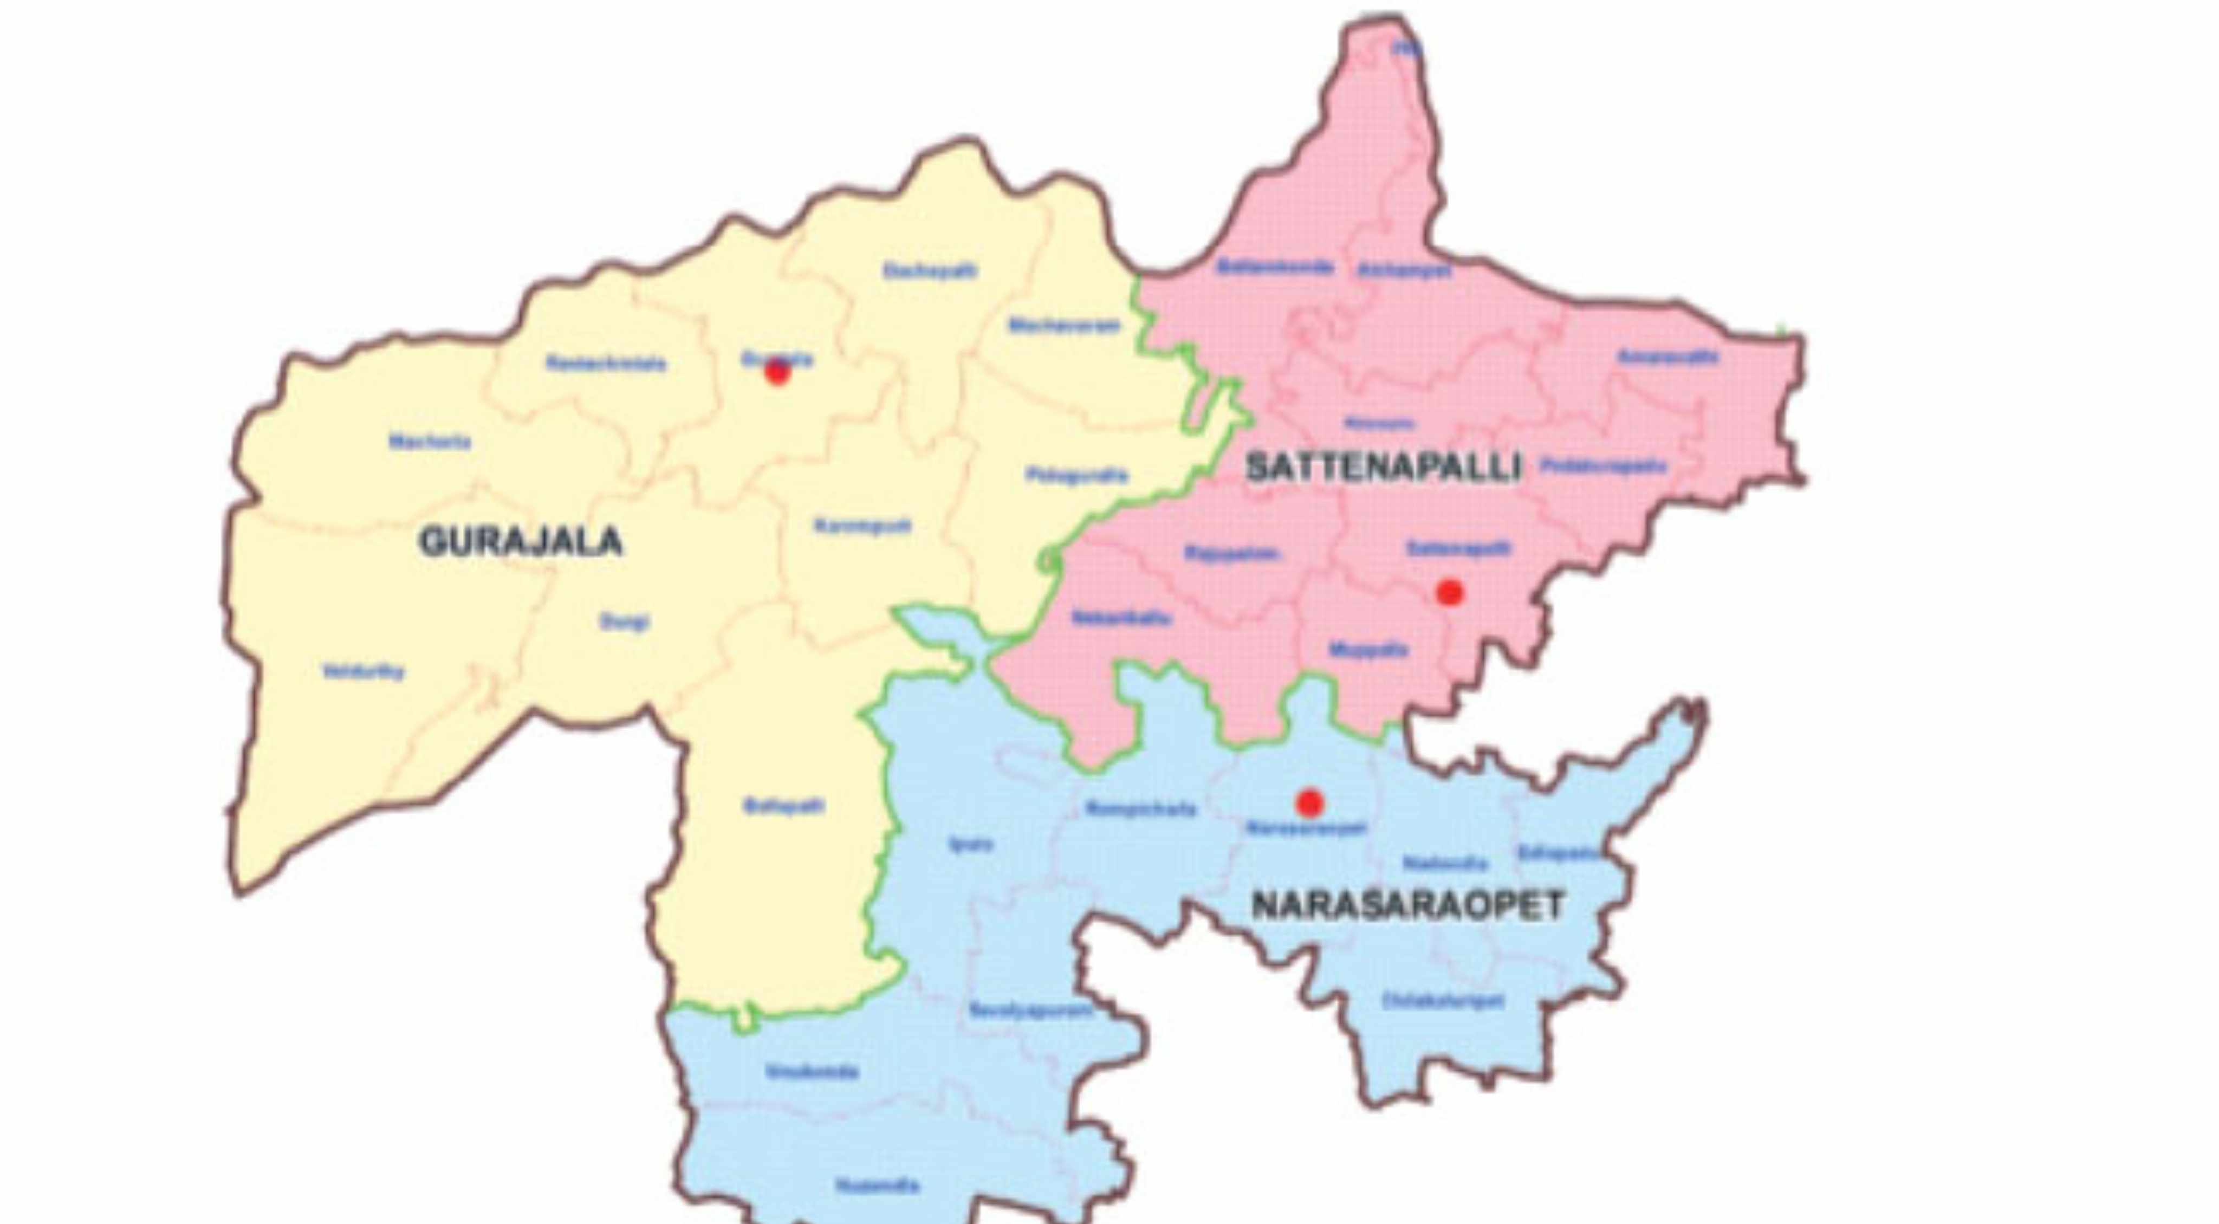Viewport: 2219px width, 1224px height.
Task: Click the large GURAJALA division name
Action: pyautogui.click(x=520, y=542)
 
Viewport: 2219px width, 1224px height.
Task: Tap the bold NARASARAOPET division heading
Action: pyautogui.click(x=1407, y=905)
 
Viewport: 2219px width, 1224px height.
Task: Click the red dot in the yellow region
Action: pyautogui.click(x=777, y=372)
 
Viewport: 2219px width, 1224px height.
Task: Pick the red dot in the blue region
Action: pyautogui.click(x=1309, y=803)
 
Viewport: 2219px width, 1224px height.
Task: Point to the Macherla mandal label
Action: pyautogui.click(x=430, y=442)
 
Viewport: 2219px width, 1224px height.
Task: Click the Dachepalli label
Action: pyautogui.click(x=930, y=270)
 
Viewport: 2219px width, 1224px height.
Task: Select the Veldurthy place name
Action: pyautogui.click(x=362, y=671)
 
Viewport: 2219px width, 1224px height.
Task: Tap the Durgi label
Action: pyautogui.click(x=625, y=621)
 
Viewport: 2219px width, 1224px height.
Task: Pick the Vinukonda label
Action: pyautogui.click(x=812, y=1072)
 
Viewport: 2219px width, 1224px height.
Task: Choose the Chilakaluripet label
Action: pyautogui.click(x=1443, y=1001)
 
